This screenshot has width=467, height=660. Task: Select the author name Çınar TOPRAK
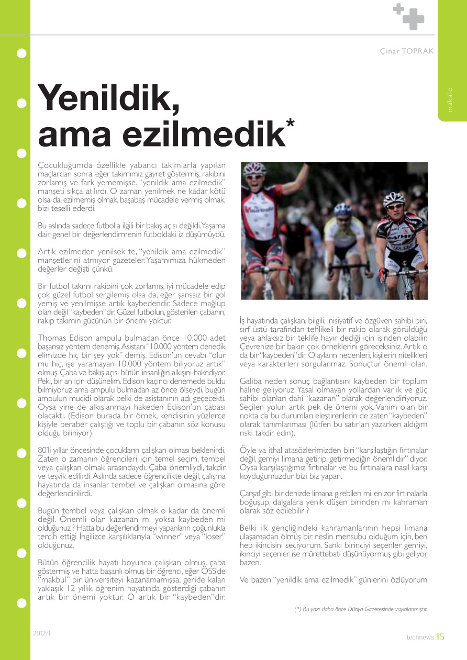(407, 51)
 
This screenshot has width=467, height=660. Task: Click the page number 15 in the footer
(440, 636)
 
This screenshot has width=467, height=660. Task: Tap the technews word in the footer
(420, 637)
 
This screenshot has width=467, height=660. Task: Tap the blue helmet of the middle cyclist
(343, 208)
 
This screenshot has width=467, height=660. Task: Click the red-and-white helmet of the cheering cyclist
(255, 169)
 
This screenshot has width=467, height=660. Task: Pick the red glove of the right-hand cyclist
(383, 273)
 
